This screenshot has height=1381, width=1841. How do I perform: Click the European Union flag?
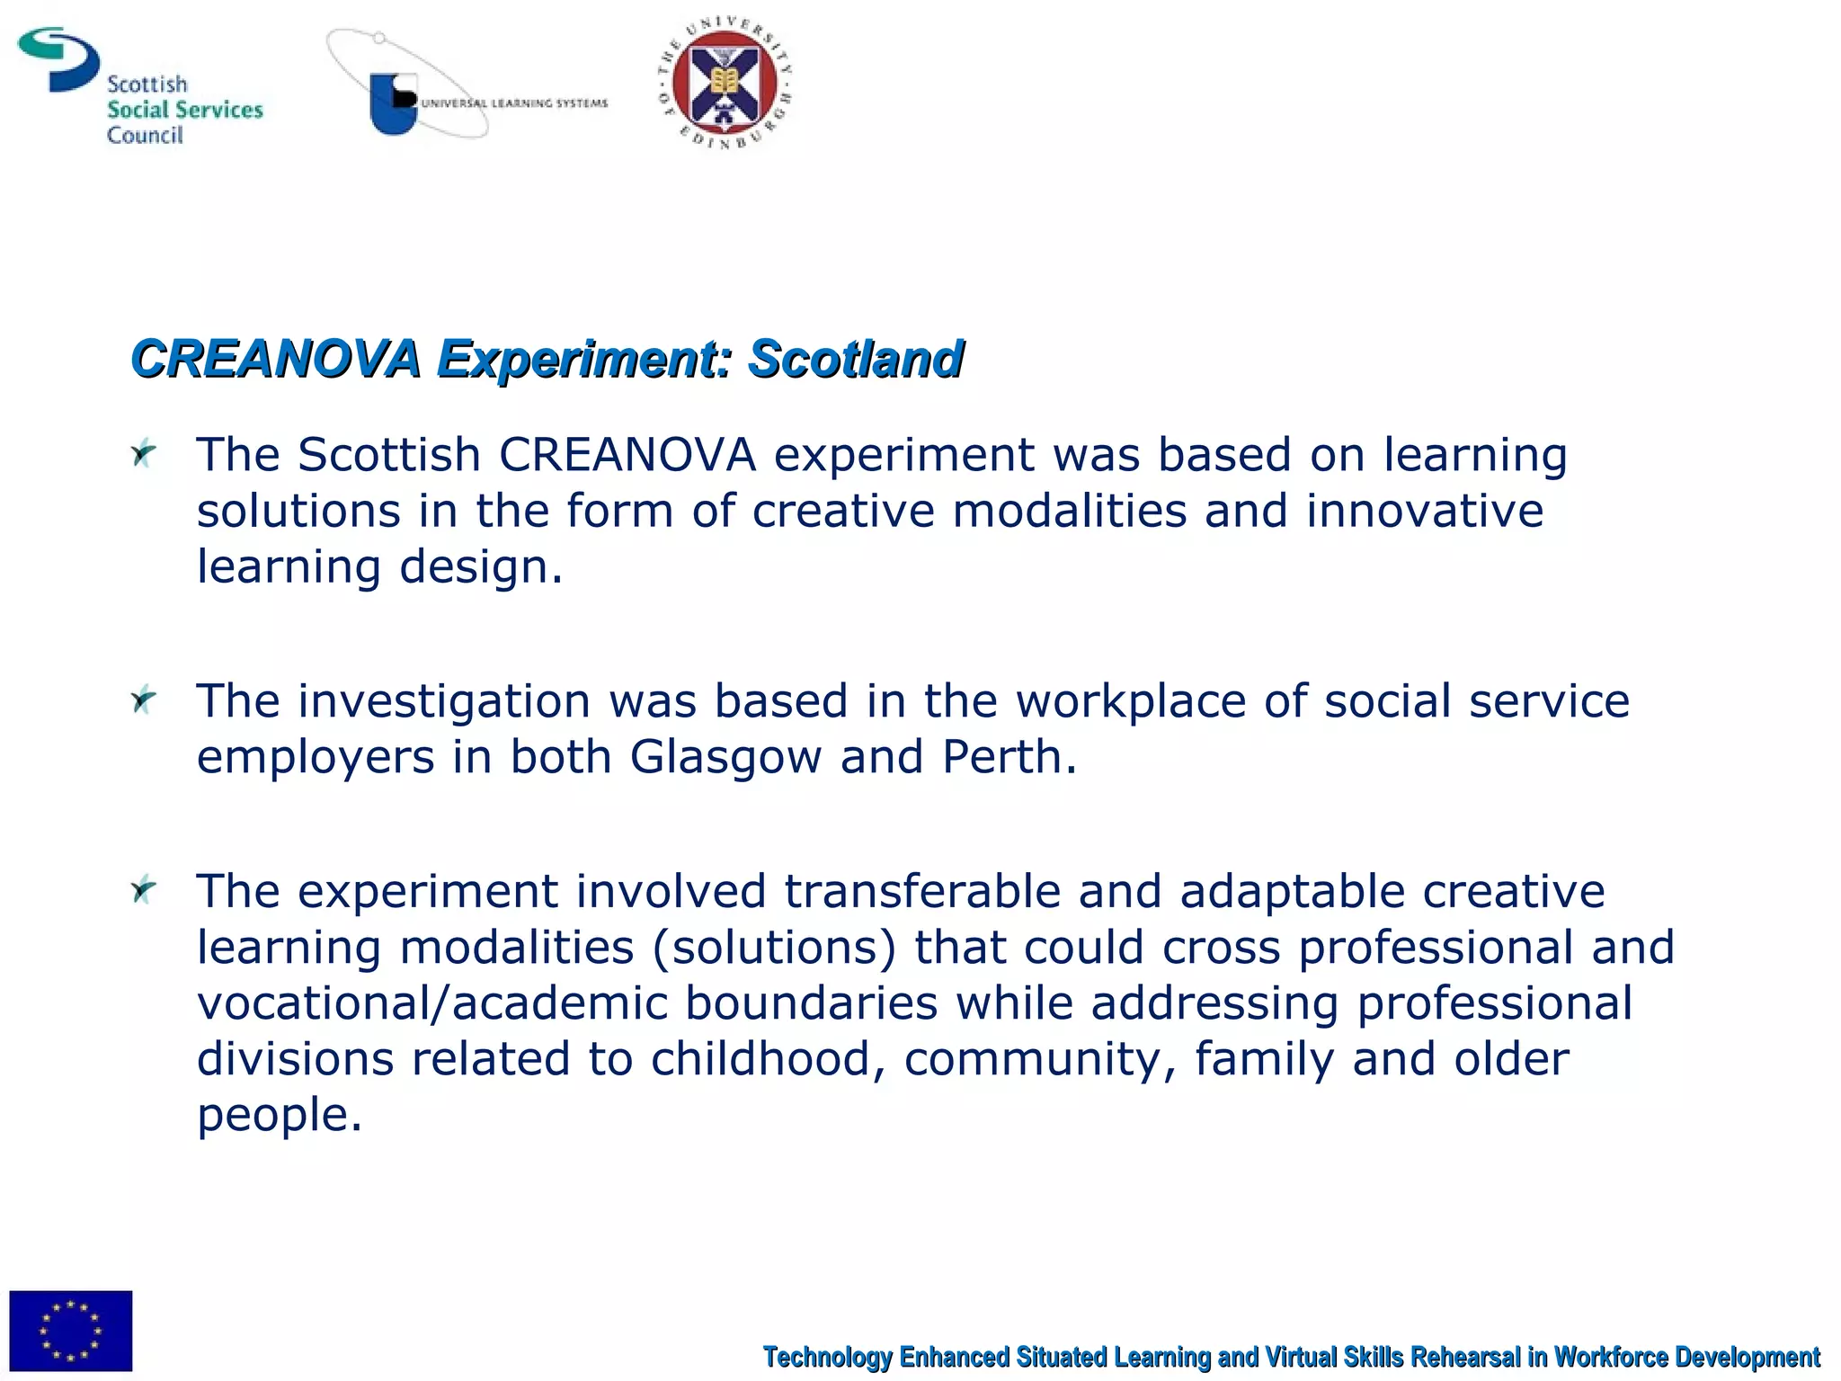coord(70,1329)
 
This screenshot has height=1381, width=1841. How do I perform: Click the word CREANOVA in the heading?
coord(275,359)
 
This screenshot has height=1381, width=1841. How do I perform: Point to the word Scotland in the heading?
coord(855,359)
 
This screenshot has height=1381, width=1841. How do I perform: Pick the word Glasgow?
coord(725,757)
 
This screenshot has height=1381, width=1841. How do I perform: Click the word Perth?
coord(1009,757)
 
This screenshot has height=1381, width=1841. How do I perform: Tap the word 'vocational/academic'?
coord(432,1003)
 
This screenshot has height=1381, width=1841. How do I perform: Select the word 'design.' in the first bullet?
coord(481,567)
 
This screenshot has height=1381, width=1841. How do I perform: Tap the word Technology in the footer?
coord(827,1357)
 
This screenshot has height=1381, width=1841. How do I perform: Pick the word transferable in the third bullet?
coord(922,892)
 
